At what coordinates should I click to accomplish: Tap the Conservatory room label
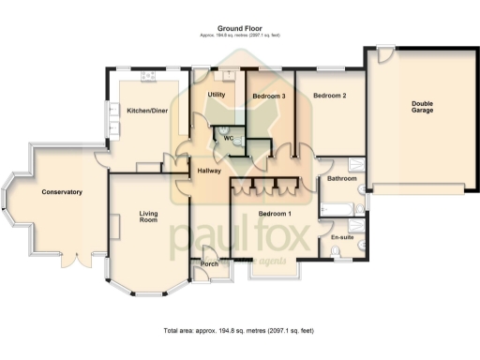62,192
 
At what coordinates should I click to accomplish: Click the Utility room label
216,96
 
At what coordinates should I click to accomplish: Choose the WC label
228,138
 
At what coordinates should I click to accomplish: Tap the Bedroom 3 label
269,97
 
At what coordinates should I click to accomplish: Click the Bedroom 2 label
330,96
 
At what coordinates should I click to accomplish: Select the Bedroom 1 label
276,215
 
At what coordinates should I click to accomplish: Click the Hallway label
209,171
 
